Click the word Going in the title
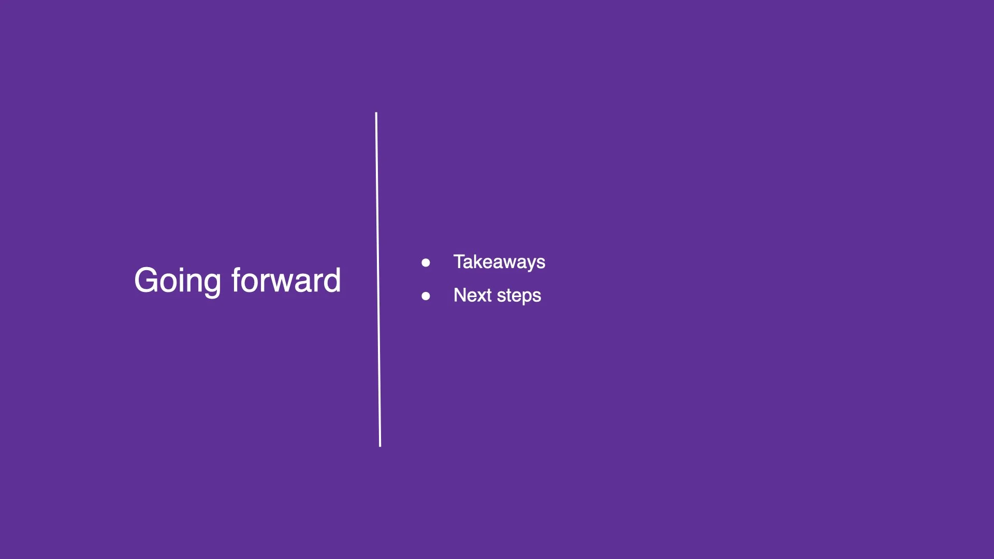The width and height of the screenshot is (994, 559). tap(178, 281)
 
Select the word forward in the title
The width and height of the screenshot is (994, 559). tap(286, 281)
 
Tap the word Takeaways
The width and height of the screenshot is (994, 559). tap(499, 262)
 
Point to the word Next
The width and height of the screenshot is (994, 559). tap(472, 296)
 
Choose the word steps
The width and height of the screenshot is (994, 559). tap(519, 296)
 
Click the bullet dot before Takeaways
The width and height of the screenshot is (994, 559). tap(426, 263)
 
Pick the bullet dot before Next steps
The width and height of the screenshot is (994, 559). tap(426, 296)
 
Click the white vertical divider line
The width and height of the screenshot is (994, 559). tap(378, 279)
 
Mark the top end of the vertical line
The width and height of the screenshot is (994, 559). tap(376, 113)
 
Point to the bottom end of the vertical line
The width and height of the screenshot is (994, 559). tap(380, 445)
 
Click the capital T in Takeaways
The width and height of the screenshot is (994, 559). tap(460, 261)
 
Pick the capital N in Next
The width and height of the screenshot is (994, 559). tap(460, 295)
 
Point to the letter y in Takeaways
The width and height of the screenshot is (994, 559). tap(531, 264)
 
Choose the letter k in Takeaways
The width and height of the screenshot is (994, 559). tap(479, 261)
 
